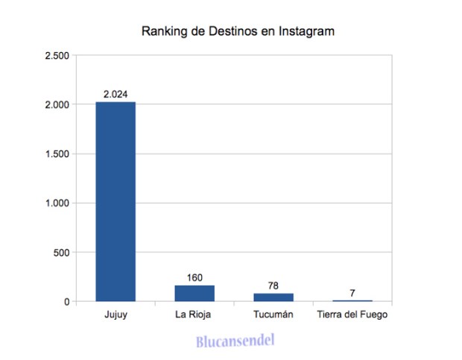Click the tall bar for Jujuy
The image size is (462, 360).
point(115,201)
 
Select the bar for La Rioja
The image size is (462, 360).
point(194,293)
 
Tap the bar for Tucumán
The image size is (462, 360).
point(273,297)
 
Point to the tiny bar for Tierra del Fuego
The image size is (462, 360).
point(352,300)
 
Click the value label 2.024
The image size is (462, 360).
point(115,94)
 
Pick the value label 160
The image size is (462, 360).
point(194,277)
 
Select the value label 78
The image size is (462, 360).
point(273,285)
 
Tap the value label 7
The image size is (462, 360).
point(352,292)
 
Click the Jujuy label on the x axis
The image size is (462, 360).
point(115,315)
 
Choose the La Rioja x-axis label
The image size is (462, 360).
point(194,315)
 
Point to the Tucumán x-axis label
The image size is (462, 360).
point(273,315)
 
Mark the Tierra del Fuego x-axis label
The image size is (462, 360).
point(352,315)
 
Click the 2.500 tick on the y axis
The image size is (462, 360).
point(57,56)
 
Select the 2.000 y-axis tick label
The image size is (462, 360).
point(57,105)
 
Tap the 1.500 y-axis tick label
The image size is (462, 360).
point(57,154)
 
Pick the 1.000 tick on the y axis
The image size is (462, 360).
point(57,203)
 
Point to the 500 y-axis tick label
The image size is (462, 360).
point(61,253)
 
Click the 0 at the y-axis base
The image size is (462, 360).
point(66,302)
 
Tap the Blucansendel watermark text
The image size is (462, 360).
point(235,341)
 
